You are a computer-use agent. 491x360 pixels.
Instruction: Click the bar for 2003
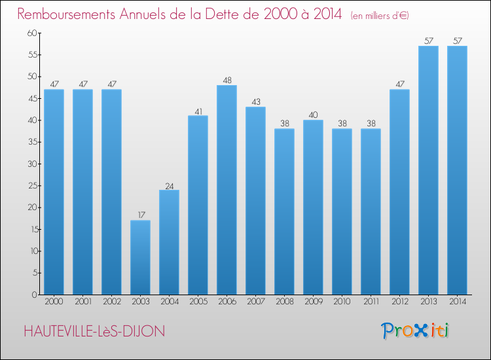point(140,257)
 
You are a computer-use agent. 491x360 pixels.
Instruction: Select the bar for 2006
point(227,190)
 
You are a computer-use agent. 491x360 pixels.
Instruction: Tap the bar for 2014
point(457,170)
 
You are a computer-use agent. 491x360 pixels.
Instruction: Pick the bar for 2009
point(313,207)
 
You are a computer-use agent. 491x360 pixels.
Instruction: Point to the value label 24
point(169,185)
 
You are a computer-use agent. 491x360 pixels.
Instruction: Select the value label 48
point(227,81)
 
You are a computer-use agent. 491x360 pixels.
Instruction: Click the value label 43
point(255,102)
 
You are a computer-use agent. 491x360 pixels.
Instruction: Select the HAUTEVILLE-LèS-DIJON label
point(94,332)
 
